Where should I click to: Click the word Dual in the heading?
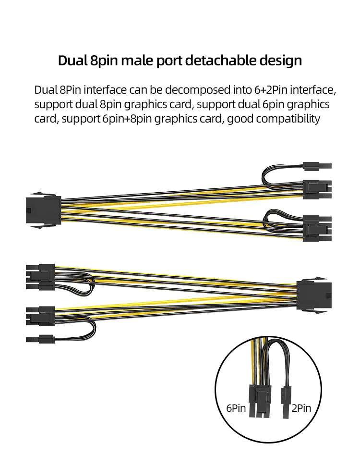[72, 61]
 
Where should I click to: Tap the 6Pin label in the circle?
[236, 408]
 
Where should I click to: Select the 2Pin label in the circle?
[301, 408]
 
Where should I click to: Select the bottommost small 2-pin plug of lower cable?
[40, 339]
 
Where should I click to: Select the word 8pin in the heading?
[104, 61]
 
